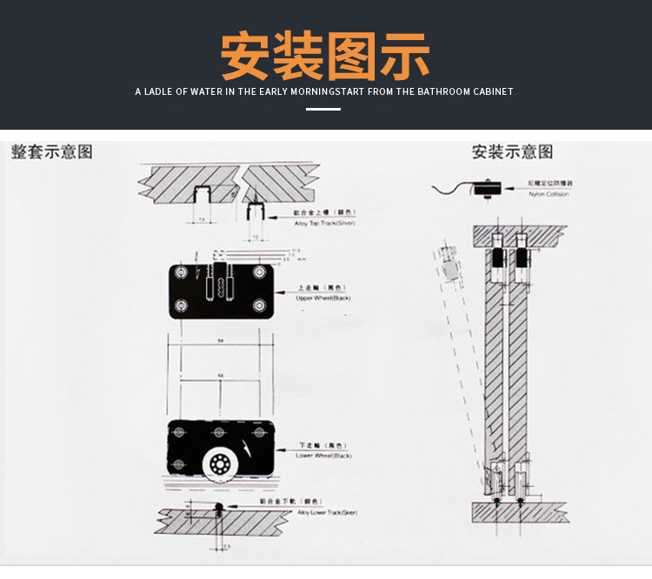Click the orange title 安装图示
pyautogui.click(x=325, y=57)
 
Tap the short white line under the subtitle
pyautogui.click(x=324, y=110)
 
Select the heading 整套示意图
pyautogui.click(x=52, y=151)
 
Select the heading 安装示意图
pyautogui.click(x=512, y=151)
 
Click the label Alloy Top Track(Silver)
pyautogui.click(x=325, y=224)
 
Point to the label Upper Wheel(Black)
pyautogui.click(x=323, y=298)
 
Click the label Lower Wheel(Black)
pyautogui.click(x=323, y=455)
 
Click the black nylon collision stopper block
pyautogui.click(x=487, y=186)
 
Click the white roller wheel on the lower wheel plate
pyautogui.click(x=219, y=463)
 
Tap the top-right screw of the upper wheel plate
pyautogui.click(x=259, y=273)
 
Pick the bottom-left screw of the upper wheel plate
pyautogui.click(x=181, y=305)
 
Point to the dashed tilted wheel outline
pyautogui.click(x=449, y=262)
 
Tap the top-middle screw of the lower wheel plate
pyautogui.click(x=220, y=433)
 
